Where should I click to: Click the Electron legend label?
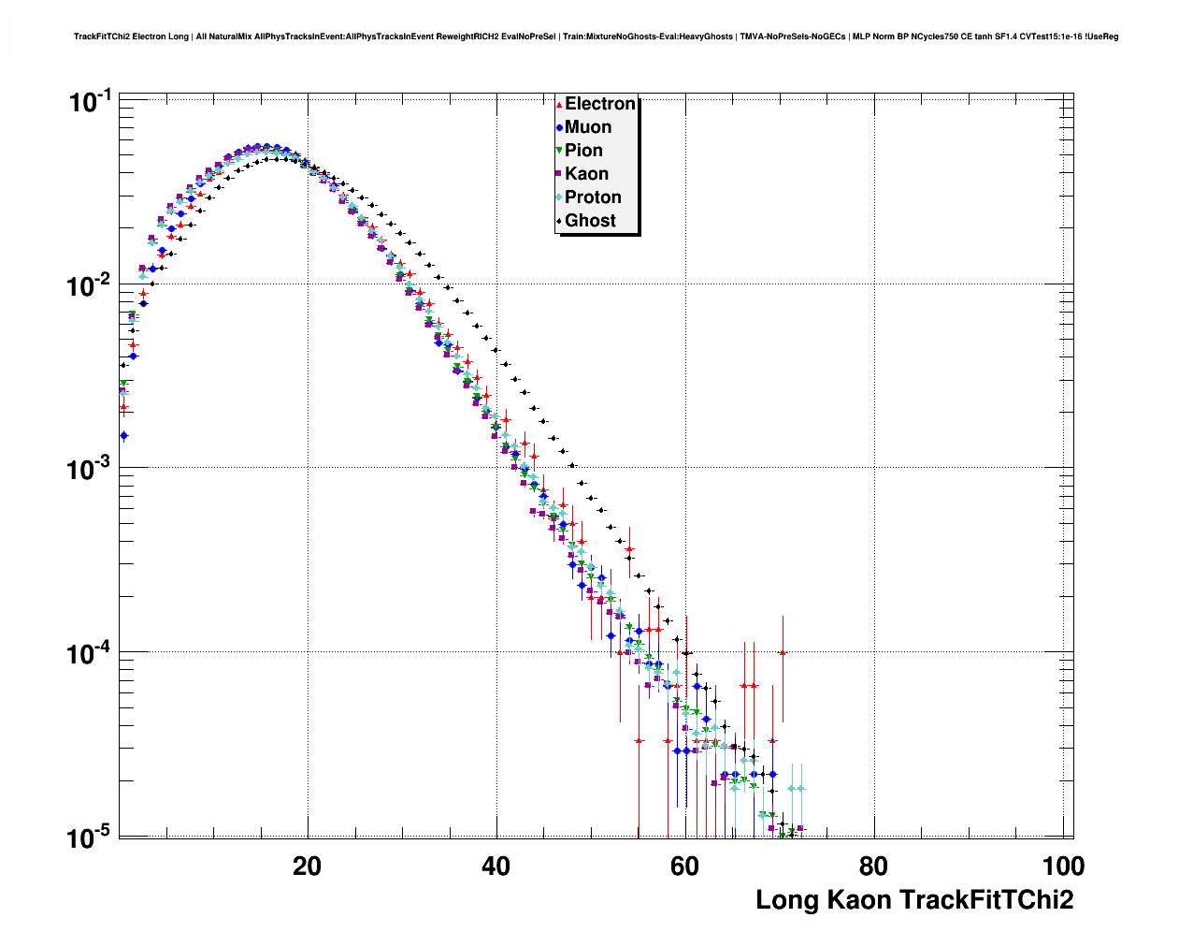[600, 104]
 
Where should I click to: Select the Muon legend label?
[588, 127]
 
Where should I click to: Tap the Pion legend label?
[583, 151]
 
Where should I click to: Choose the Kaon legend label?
[586, 174]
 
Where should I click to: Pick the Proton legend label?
[593, 197]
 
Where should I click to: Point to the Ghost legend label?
[590, 221]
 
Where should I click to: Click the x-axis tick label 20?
[307, 866]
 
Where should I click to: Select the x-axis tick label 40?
[496, 866]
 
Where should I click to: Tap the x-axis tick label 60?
[684, 866]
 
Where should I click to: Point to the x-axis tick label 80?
[873, 866]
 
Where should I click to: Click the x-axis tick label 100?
[1063, 866]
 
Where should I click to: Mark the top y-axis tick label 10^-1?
[91, 101]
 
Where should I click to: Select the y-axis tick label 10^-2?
[91, 285]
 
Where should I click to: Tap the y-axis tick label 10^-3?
[91, 469]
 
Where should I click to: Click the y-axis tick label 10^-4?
[91, 652]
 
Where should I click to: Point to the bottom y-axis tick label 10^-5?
[91, 837]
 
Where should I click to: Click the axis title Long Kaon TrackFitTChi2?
[913, 900]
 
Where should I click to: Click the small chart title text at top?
[596, 36]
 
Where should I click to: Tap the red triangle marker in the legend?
[559, 105]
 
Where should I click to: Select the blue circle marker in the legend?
[559, 127]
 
